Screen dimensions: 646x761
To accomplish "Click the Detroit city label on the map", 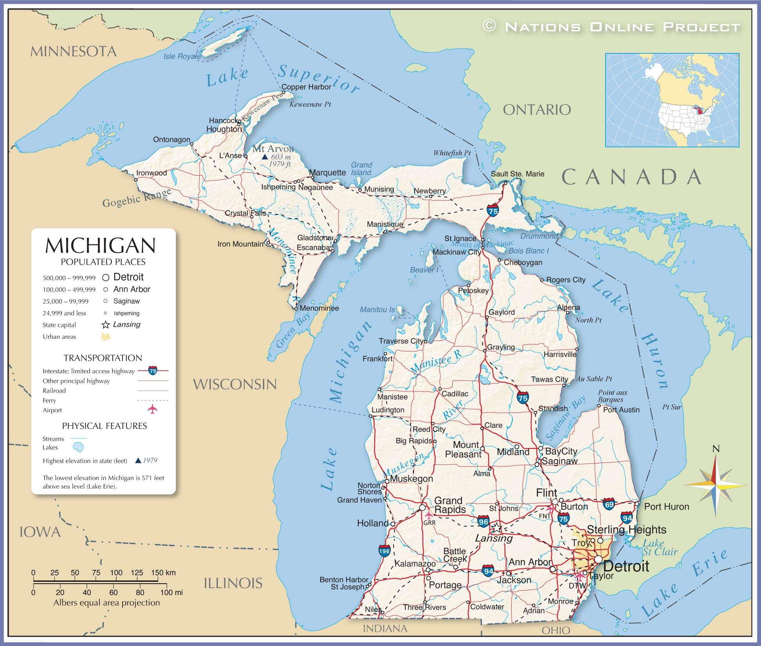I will pos(626,566).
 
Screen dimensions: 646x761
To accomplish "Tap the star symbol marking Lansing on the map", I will pos(496,528).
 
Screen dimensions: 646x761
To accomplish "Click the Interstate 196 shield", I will pos(384,551).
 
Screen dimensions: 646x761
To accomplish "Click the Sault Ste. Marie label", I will pos(518,174).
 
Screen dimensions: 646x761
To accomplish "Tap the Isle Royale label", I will pos(182,56).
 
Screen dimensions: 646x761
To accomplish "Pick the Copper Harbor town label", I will pos(306,87).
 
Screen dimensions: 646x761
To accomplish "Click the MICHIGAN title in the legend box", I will pos(101,246).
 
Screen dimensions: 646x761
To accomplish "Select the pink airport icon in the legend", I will pos(152,409).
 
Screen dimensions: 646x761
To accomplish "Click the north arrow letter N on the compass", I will pos(716,449).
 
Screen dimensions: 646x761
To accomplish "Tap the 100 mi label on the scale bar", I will pos(171,593).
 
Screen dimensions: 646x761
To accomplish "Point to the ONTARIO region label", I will pos(537,110).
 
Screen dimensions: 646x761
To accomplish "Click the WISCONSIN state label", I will pos(235,384).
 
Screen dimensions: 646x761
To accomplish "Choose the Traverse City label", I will pos(401,341).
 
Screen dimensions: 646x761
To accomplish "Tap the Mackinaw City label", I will pos(456,252).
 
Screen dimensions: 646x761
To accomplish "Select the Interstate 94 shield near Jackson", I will pos(488,571).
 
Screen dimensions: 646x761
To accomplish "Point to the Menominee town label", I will pos(319,308).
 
